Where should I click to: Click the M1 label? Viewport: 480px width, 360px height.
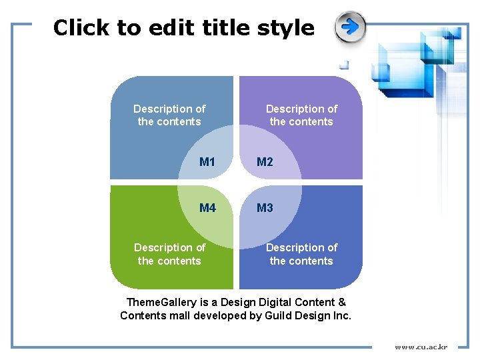point(207,162)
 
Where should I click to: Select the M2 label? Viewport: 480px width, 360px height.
point(265,162)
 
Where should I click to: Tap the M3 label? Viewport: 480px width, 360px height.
point(265,208)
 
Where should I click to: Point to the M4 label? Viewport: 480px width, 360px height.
point(207,208)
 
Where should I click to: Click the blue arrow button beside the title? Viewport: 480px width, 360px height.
point(350,27)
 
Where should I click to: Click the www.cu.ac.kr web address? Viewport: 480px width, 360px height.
point(421,347)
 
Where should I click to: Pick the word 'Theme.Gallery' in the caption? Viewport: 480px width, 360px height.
point(159,303)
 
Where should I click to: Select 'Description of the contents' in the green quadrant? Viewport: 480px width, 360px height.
point(169,254)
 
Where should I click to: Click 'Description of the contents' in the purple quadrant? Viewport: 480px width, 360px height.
point(301,115)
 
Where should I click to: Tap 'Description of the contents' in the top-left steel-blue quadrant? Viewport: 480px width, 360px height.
point(169,115)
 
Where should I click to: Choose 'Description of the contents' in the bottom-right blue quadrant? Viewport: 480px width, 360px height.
point(301,254)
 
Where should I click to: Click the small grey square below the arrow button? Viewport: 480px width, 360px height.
point(344,65)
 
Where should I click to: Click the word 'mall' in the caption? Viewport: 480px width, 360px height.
point(179,316)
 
